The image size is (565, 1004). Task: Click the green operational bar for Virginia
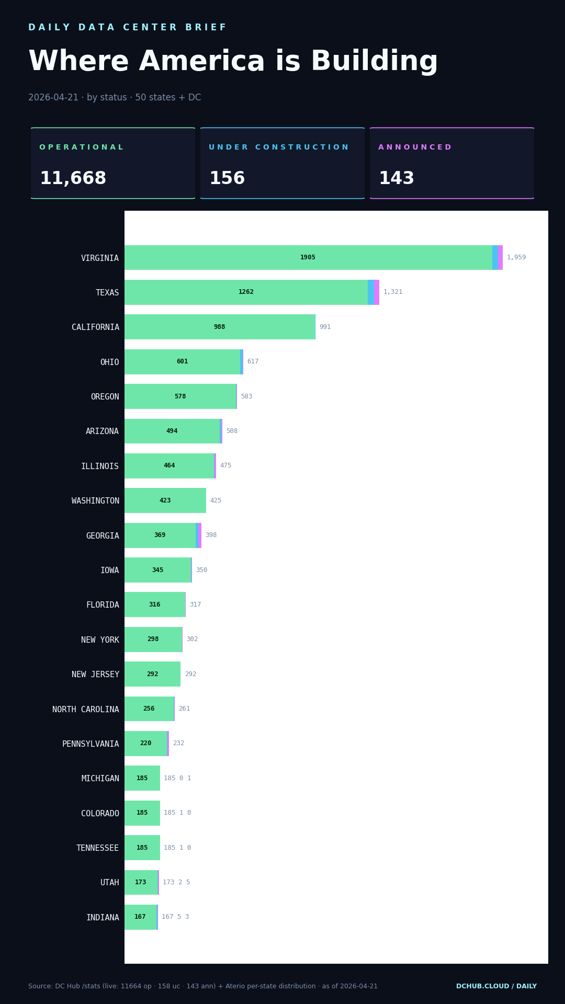(x=308, y=257)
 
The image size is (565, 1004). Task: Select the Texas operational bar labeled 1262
(x=246, y=292)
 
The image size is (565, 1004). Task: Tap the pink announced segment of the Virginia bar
(x=500, y=257)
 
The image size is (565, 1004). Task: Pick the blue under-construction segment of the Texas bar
(x=371, y=292)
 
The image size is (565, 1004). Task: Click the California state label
(x=95, y=327)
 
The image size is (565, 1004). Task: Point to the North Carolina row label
(x=85, y=710)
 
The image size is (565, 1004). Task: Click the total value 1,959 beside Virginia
(x=516, y=257)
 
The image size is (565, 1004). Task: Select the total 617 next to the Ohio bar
(x=253, y=362)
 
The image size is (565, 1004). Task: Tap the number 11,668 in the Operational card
(x=73, y=179)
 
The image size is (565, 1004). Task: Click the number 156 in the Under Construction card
(x=227, y=179)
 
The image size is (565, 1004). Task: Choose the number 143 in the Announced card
(x=396, y=179)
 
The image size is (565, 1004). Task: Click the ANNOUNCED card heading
(x=414, y=147)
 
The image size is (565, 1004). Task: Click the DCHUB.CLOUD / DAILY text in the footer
(x=496, y=986)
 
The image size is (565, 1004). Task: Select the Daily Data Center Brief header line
(x=127, y=27)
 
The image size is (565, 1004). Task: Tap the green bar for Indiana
(x=140, y=917)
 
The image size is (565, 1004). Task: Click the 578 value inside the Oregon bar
(x=180, y=396)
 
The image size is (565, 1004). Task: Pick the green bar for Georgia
(x=160, y=535)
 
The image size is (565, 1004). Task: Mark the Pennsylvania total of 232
(x=178, y=744)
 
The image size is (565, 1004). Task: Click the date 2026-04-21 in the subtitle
(x=53, y=98)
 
